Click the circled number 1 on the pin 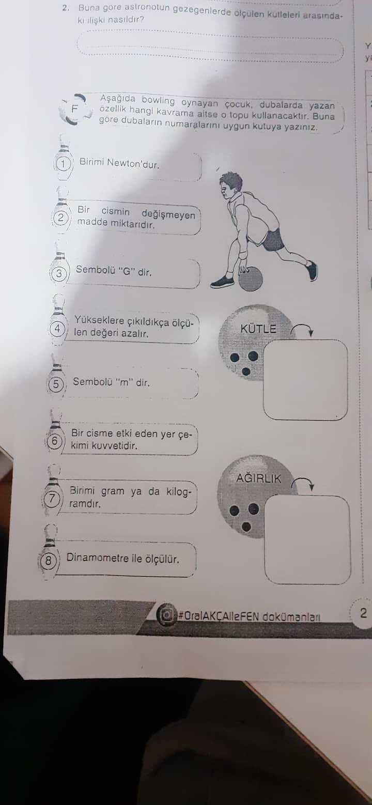tap(63, 164)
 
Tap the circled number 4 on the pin tap(57, 329)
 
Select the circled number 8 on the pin tap(48, 560)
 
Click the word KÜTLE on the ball tap(258, 329)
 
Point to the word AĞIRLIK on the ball tap(258, 478)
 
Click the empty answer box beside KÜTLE tap(305, 379)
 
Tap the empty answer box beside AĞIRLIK tap(307, 539)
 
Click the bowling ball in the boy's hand tap(251, 278)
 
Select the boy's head tap(230, 185)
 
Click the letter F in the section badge tap(75, 109)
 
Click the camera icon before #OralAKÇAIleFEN tap(166, 615)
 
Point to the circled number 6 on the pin tap(54, 441)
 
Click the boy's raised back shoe tap(312, 270)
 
